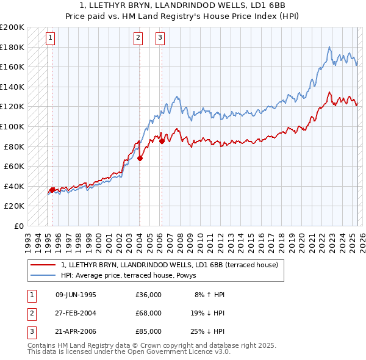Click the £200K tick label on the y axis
click(12, 27)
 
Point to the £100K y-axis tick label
click(12, 126)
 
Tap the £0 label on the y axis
click(19, 226)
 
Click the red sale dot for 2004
click(140, 158)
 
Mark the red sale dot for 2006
click(162, 141)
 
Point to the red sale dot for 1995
click(52, 190)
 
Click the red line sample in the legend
click(43, 265)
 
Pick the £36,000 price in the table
click(149, 294)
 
